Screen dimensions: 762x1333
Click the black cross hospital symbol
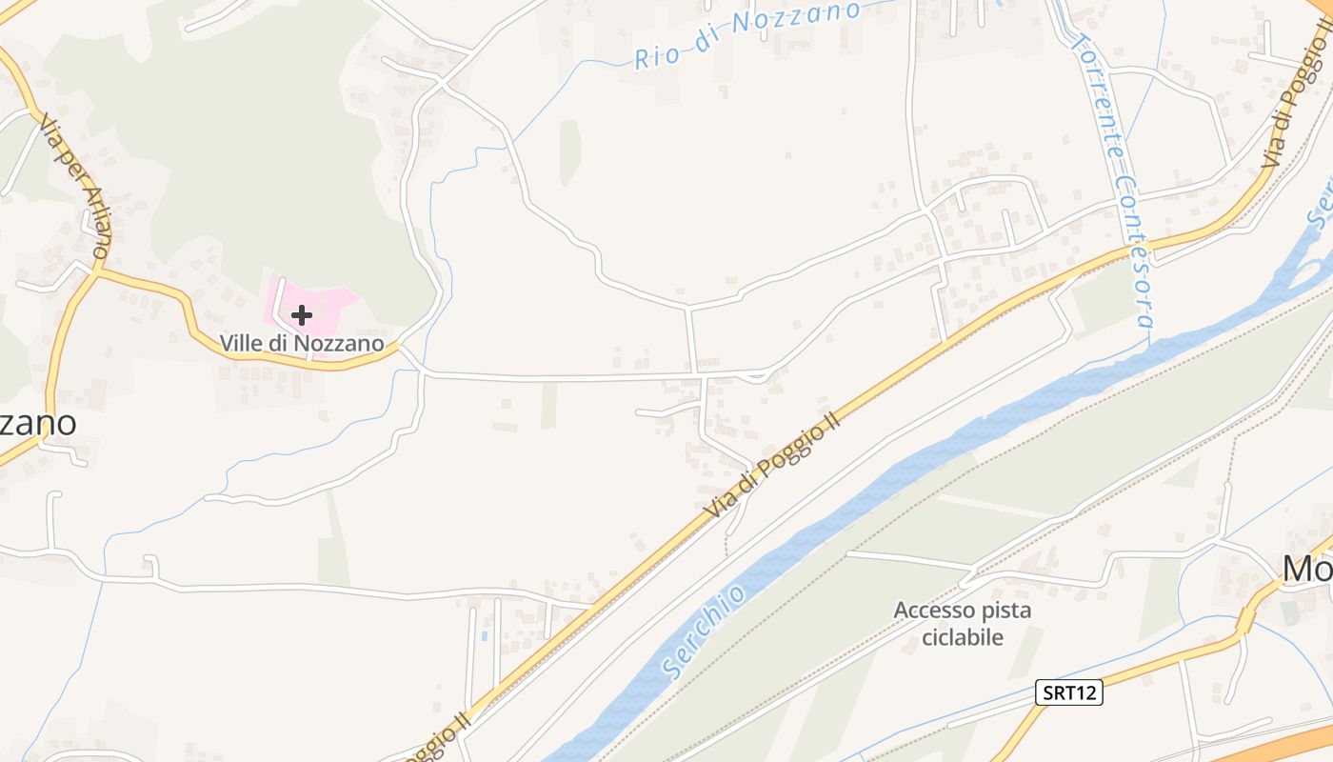[302, 315]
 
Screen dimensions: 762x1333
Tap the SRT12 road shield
[1068, 692]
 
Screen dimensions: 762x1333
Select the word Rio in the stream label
[657, 55]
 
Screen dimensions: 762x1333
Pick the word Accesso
[935, 610]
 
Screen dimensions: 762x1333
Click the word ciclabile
[962, 636]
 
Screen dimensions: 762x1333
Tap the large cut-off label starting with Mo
[1307, 568]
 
